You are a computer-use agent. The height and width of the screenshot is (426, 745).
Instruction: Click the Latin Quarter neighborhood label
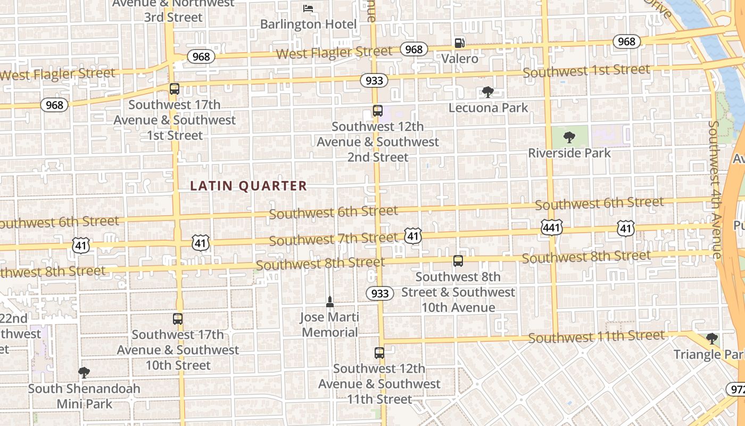click(249, 186)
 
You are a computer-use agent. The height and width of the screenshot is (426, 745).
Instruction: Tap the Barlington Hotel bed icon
click(308, 8)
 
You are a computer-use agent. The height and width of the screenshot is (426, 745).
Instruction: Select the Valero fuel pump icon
click(459, 43)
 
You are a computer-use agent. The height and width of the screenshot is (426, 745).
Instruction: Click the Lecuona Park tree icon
click(487, 92)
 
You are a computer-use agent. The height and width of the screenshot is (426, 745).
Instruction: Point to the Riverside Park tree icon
click(569, 137)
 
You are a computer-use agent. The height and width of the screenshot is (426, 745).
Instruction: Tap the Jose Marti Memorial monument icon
click(330, 302)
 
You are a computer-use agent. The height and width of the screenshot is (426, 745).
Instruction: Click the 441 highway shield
click(551, 228)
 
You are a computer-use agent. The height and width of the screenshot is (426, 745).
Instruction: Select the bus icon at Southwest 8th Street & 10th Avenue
click(458, 261)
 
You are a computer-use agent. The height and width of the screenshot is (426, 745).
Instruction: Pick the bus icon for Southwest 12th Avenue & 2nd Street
click(377, 111)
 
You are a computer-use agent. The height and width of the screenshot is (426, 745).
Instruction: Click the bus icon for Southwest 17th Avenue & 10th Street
click(178, 319)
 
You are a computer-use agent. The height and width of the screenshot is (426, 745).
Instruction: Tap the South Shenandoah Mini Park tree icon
click(84, 372)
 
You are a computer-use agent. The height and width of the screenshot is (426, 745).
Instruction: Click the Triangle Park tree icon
click(711, 339)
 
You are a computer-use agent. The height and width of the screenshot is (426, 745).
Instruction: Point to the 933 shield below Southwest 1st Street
click(374, 80)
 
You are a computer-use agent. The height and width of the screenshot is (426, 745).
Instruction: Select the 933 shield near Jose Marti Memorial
click(379, 293)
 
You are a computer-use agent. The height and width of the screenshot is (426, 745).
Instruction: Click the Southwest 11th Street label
click(597, 337)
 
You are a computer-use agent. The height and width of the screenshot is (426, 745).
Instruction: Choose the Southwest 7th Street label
click(333, 239)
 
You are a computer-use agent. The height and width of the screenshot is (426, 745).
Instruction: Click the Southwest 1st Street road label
click(586, 71)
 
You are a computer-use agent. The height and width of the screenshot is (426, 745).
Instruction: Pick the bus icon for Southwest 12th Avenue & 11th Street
click(379, 353)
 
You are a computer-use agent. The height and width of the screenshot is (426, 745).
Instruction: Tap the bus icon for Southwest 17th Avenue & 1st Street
click(174, 89)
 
